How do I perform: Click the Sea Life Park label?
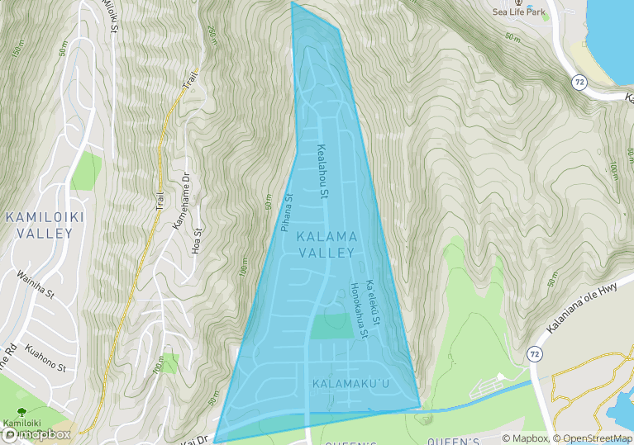coord(519,12)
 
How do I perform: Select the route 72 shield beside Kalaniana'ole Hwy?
coord(535,353)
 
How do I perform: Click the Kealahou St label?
coord(323,173)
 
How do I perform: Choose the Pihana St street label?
coord(288,212)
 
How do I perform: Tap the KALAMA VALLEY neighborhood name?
coord(327,244)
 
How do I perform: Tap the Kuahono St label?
coord(45,356)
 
